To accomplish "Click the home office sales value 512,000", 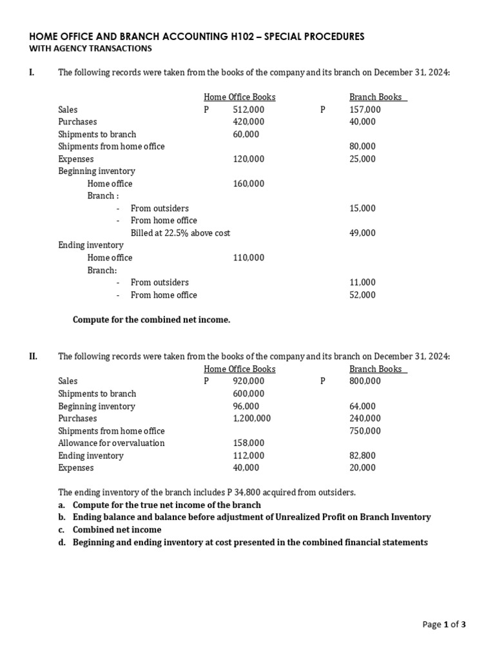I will coord(248,110).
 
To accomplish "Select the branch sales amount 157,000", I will coord(365,110).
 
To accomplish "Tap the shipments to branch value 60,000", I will coord(246,134).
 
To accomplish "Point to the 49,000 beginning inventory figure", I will coord(362,233).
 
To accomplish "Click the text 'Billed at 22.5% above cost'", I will coord(180,233).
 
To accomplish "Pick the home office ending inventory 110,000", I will coord(248,258).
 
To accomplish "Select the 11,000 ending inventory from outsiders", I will coord(362,282).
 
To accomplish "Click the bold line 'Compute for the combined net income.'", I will coord(151,319).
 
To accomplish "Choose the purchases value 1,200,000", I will coord(251,418).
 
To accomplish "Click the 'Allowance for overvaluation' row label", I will coord(111,443).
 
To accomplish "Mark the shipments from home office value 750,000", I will coord(365,431).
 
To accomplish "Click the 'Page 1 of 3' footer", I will coord(444,624).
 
